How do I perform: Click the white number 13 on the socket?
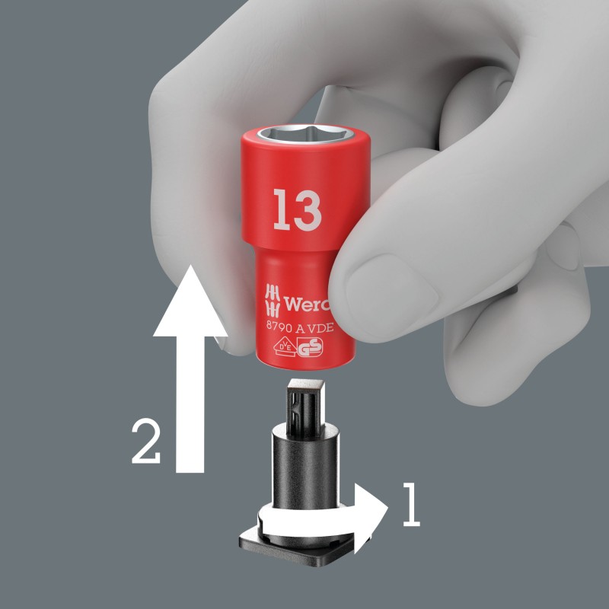(298, 210)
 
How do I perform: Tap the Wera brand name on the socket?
(307, 304)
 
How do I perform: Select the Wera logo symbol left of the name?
(273, 301)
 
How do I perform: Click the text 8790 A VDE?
(300, 327)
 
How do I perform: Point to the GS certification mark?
(310, 347)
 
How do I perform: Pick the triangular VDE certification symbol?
(284, 347)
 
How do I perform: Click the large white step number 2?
(145, 442)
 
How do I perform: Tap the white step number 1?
(411, 504)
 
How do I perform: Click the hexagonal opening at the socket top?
(306, 135)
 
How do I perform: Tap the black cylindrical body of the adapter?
(305, 466)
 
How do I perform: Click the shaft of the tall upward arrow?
(190, 404)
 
